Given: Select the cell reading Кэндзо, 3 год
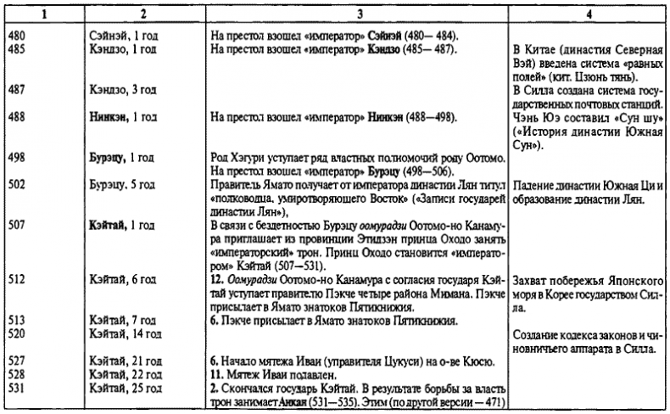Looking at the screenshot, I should point(124,88).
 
